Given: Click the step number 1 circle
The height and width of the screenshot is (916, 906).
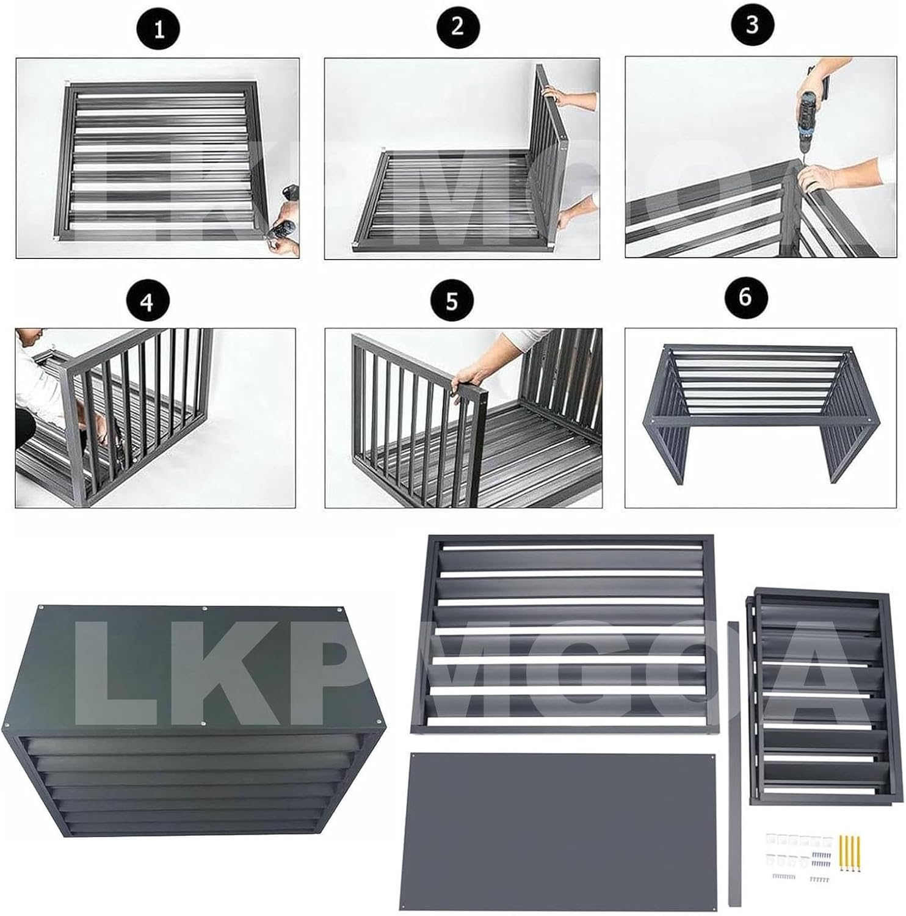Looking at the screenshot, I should pos(159,29).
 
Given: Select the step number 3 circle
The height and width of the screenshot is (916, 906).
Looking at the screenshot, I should pos(752,24).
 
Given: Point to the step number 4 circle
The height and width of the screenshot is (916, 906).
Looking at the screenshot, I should pos(147,302).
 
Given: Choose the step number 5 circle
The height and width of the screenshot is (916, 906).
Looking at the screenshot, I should pos(451,302).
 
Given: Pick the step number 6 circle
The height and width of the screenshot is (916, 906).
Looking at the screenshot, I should pos(745,297).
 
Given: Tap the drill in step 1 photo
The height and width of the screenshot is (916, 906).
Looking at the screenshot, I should pos(282,231).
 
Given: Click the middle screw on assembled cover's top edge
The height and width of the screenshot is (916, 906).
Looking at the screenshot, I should pos(204,608).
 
